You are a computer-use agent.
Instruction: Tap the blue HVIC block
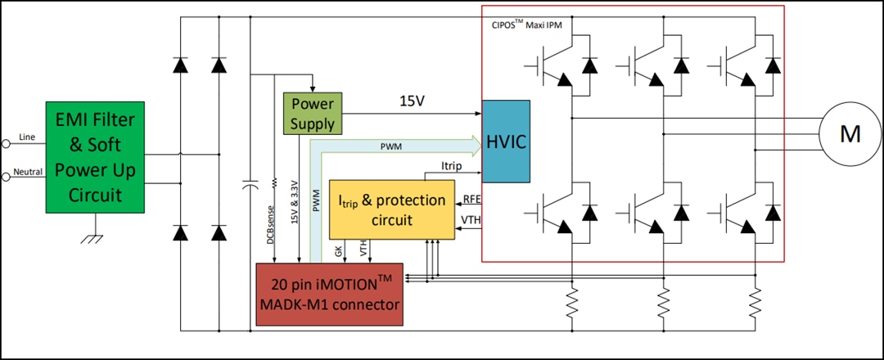click(x=506, y=142)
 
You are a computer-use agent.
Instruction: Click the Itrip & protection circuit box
click(x=392, y=209)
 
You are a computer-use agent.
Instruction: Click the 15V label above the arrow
click(x=412, y=102)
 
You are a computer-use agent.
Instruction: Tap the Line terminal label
click(x=26, y=139)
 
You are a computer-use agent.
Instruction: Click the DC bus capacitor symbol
click(x=248, y=187)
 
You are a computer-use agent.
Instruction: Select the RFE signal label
click(x=471, y=200)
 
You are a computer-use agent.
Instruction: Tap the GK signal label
click(x=339, y=251)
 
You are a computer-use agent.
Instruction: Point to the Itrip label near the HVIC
click(x=452, y=166)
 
